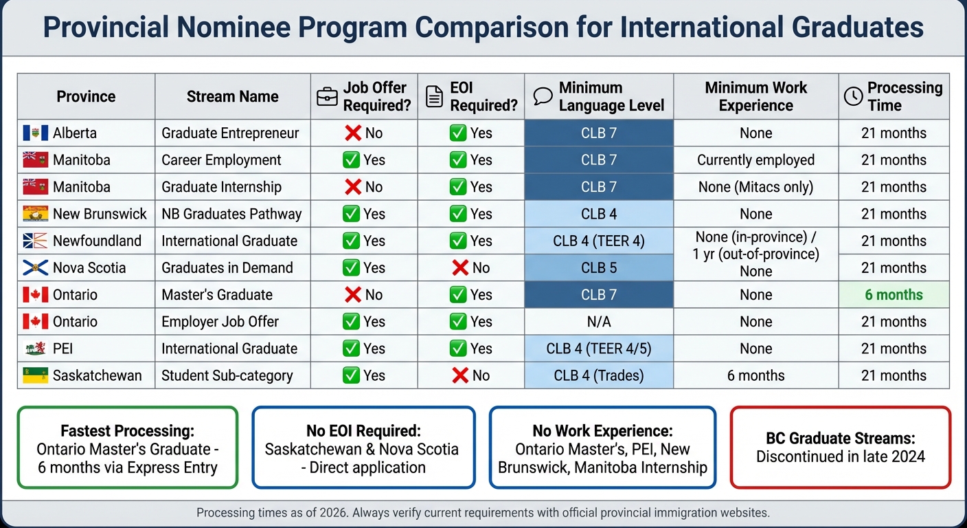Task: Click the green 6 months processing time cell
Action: coord(894,295)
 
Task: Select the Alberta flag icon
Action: coord(35,133)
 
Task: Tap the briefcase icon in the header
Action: coord(327,97)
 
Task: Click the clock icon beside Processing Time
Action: coord(853,97)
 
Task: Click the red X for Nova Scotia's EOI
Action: coord(460,268)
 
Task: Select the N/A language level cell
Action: coord(598,322)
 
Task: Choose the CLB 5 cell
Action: coord(598,268)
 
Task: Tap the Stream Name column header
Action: coord(232,97)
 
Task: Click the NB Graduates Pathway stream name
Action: coord(231,214)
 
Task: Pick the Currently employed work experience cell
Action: coord(755,160)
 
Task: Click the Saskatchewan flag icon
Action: coord(35,375)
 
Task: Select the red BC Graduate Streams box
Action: coord(840,448)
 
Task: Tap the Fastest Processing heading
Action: coord(127,431)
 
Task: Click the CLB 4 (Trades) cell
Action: coord(598,375)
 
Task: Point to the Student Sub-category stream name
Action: coord(227,375)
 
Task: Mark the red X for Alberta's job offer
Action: coord(353,133)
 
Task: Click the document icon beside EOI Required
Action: coord(434,97)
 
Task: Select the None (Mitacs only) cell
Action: coord(755,187)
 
